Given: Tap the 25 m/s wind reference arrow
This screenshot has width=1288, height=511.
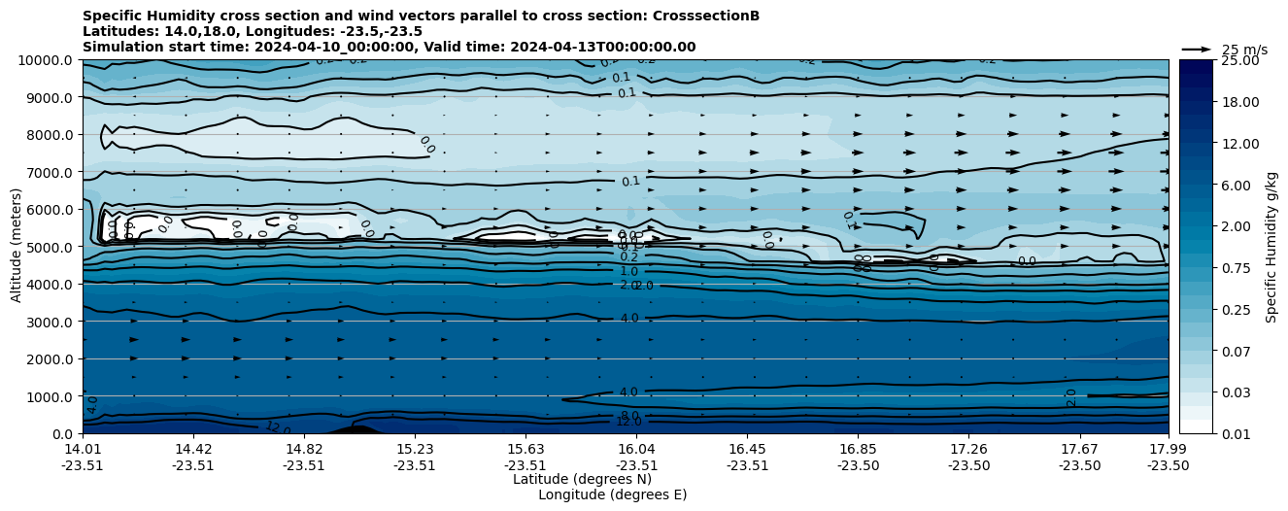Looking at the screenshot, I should coord(1197,49).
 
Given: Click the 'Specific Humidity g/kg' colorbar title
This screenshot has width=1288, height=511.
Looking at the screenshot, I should coord(1272,247).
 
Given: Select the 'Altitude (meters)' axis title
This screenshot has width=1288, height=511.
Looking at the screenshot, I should coord(17,247).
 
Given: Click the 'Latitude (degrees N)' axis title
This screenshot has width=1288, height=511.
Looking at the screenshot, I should coord(582,479).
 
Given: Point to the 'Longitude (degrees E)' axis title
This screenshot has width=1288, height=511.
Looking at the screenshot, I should coord(612,494).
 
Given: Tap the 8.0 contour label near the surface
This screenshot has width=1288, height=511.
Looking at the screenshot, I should coord(629,415).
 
